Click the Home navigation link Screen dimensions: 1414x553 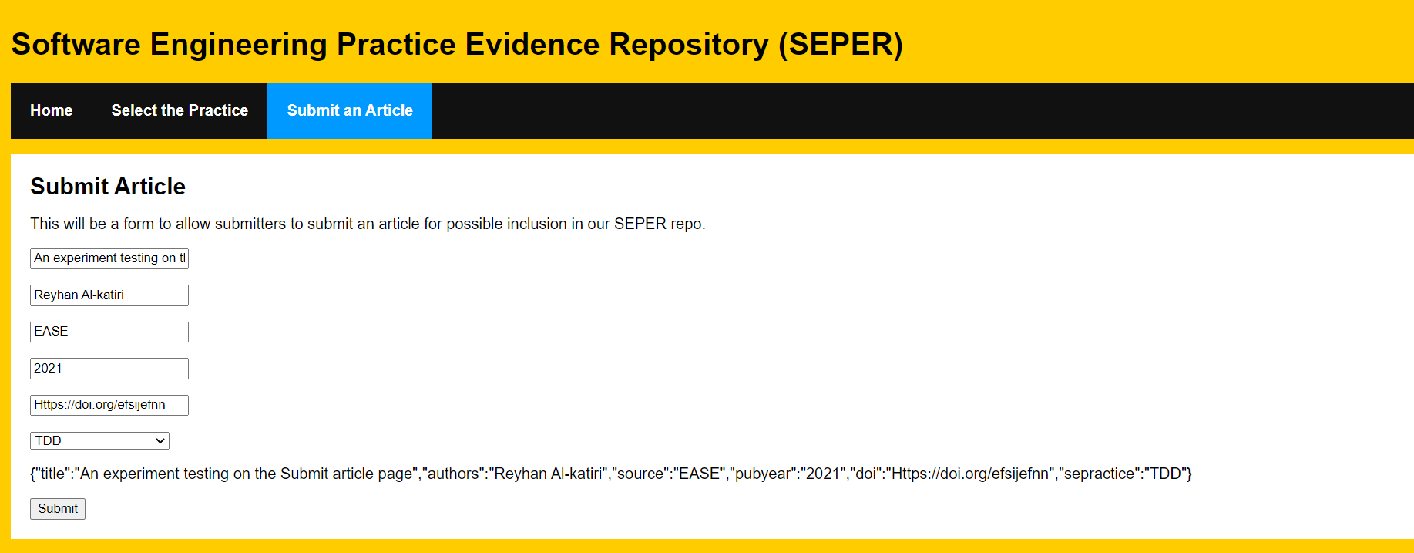click(52, 110)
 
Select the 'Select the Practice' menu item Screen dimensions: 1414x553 click(180, 110)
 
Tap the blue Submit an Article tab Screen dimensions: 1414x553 click(350, 110)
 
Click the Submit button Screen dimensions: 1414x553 click(58, 509)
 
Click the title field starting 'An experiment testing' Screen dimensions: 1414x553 click(109, 258)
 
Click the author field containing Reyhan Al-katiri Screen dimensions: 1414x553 click(109, 295)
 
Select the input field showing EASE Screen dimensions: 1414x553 click(109, 332)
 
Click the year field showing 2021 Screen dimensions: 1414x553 click(109, 369)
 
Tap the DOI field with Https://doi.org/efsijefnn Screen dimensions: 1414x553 click(109, 405)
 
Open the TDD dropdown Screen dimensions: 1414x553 click(99, 440)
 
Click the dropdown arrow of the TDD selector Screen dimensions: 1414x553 click(160, 441)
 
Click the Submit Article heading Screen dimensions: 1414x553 click(108, 187)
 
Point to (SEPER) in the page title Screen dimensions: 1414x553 click(841, 45)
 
